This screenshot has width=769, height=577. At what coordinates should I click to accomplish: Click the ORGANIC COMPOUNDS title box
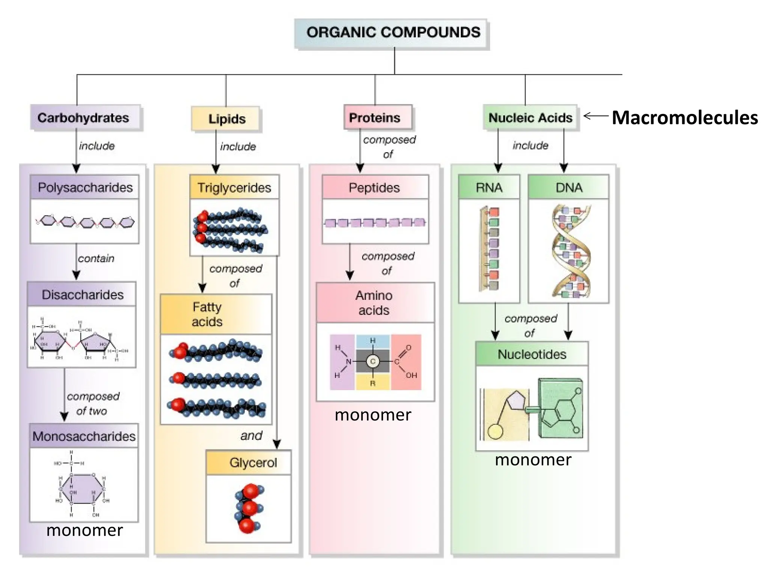392,33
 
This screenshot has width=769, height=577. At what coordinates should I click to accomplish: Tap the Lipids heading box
226,119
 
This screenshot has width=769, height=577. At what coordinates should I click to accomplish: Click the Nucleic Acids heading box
530,118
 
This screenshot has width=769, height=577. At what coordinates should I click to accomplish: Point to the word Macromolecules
685,118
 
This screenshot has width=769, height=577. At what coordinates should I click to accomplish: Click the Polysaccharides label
85,187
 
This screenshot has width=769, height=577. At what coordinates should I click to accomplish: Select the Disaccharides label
83,295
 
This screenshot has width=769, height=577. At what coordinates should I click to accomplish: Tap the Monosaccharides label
84,436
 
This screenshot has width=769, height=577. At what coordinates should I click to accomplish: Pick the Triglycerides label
234,187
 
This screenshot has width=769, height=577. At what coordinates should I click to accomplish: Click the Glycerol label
253,463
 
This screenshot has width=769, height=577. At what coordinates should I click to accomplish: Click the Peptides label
374,187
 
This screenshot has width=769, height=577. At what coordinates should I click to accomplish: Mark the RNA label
489,187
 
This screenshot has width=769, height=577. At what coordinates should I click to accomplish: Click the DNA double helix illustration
570,251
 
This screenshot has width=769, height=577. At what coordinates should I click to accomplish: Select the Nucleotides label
532,354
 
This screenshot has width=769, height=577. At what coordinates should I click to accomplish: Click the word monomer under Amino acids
373,415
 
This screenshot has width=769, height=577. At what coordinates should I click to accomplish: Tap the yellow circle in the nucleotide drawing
495,432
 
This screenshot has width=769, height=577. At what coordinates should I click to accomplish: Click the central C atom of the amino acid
373,361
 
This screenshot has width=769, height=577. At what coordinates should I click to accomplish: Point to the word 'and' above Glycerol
251,436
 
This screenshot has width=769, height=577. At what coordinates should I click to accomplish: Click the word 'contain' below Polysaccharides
96,258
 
